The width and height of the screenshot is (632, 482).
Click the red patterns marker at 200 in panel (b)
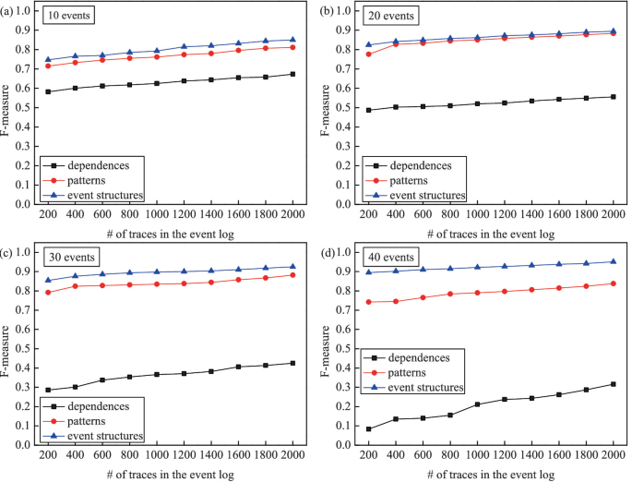[369, 54]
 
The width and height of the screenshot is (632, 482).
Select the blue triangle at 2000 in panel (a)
[293, 40]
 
